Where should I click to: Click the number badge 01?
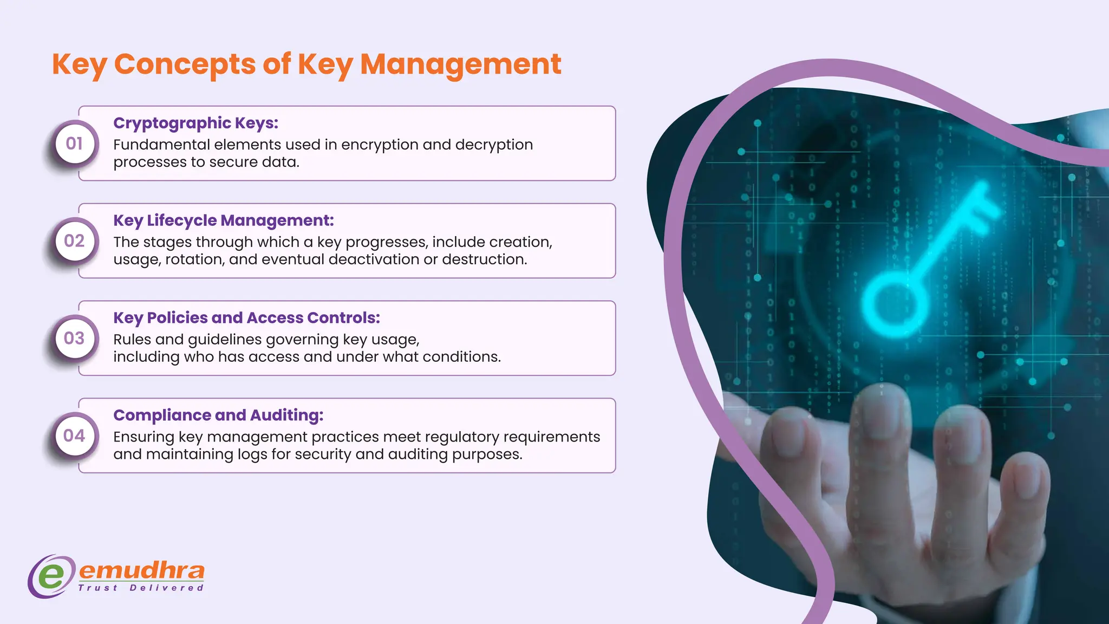(x=74, y=144)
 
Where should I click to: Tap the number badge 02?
(x=74, y=241)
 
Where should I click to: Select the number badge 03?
(x=74, y=339)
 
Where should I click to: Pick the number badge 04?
(x=74, y=436)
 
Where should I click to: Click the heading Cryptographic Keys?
(x=195, y=123)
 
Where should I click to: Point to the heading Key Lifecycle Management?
(x=223, y=220)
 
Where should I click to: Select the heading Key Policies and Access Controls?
(x=246, y=318)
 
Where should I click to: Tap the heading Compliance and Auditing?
(x=218, y=415)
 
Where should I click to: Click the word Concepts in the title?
(x=185, y=64)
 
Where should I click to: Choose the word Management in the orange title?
(x=460, y=64)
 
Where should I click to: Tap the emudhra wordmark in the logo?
(x=142, y=570)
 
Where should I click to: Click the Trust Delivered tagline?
(x=141, y=588)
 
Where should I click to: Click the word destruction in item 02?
(x=484, y=259)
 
